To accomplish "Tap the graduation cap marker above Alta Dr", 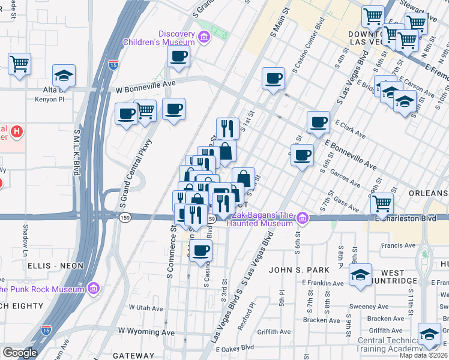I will (x=64, y=76).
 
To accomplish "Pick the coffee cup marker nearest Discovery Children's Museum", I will (x=178, y=58).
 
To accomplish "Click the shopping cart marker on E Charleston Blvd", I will (x=382, y=204).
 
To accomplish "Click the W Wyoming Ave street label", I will (x=146, y=331).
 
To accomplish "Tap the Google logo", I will (x=20, y=353).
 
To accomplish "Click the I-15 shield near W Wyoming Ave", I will (x=47, y=329).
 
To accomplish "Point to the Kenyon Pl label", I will (x=49, y=99).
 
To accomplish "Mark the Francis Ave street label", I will (x=401, y=245).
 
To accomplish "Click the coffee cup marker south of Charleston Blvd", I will (x=202, y=250).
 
